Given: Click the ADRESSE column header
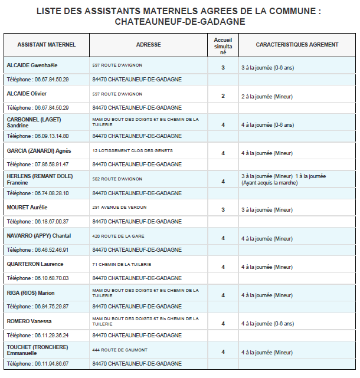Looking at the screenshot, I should point(148,45).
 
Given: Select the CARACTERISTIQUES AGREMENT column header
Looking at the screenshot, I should point(297,45).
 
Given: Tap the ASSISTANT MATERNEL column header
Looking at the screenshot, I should point(47,45).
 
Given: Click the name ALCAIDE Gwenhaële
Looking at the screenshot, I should point(32,65).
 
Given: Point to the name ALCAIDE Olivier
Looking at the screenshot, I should point(27,94).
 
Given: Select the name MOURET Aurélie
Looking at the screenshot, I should point(27,208).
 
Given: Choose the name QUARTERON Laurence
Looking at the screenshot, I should point(35,264).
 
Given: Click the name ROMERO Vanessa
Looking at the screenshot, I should point(29,321).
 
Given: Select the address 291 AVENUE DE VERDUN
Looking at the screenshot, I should point(120,208).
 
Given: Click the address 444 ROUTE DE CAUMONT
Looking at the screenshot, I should point(120,350).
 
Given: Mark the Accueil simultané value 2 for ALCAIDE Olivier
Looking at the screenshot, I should point(223,96).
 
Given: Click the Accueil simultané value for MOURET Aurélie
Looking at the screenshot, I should point(223,210).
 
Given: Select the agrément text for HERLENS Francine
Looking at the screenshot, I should point(283,179).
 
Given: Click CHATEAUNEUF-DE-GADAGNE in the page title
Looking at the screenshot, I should point(179,22).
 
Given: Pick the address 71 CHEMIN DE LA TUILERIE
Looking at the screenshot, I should point(122,264).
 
